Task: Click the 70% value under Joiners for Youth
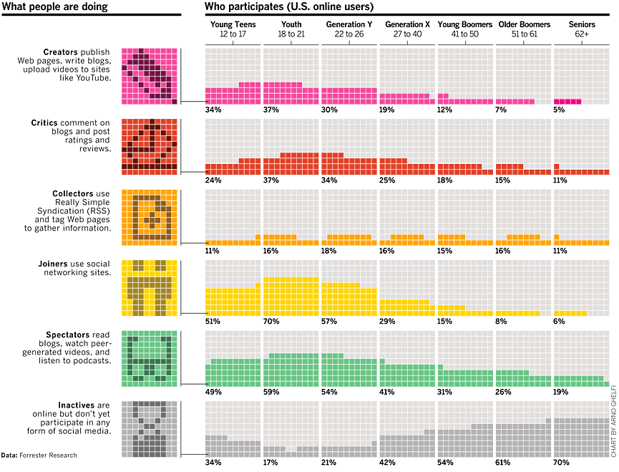click(271, 322)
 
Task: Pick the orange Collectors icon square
click(149, 217)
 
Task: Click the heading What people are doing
click(55, 7)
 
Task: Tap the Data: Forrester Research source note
click(39, 455)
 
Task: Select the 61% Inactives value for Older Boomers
click(504, 462)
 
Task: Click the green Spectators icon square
click(149, 357)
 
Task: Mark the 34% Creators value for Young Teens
click(213, 110)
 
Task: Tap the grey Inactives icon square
click(149, 428)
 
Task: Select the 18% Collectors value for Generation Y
click(329, 251)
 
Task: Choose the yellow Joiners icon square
click(149, 287)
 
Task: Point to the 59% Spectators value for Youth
click(271, 392)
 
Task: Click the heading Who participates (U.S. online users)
click(289, 7)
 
